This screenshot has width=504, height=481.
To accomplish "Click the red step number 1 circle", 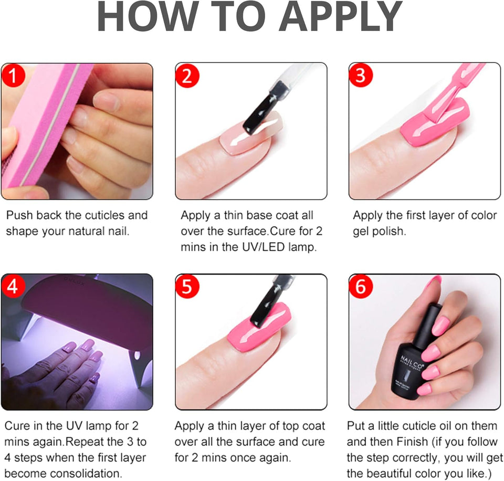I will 13,77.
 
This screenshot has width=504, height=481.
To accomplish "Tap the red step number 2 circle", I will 187,77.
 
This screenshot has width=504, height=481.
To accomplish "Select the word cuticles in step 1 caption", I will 104,215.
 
